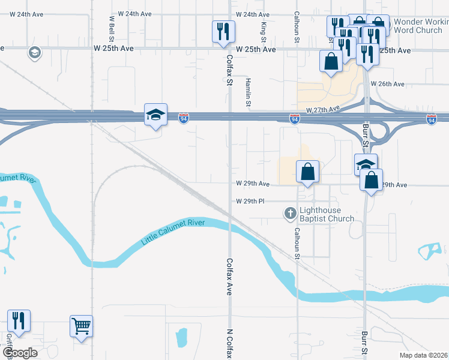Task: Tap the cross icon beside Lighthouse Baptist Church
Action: (290, 212)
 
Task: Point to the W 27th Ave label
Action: (323, 109)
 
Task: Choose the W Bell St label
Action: (112, 26)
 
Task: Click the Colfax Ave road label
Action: (229, 277)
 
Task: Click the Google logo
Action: (20, 352)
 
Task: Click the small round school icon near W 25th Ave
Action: (35, 53)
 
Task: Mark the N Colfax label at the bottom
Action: (229, 343)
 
